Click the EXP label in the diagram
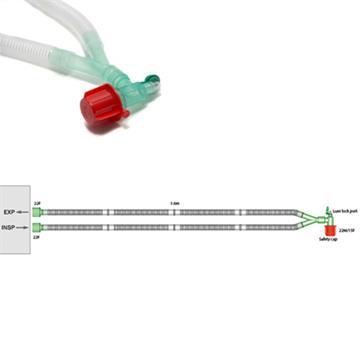(9, 213)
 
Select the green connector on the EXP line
(36, 213)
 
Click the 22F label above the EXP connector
(37, 203)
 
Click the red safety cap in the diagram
(327, 230)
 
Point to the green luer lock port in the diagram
(327, 207)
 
